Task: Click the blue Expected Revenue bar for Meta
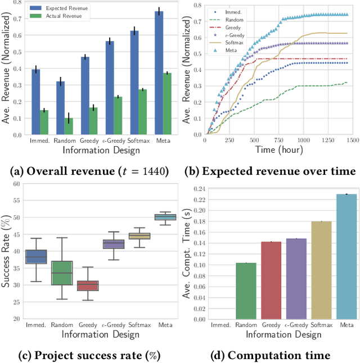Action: click(x=159, y=73)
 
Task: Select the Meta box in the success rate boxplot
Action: click(x=165, y=217)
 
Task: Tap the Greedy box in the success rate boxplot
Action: click(x=87, y=285)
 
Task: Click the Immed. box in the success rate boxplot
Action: click(x=37, y=256)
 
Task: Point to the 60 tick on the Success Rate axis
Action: click(x=16, y=184)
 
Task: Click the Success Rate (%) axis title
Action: click(x=6, y=251)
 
